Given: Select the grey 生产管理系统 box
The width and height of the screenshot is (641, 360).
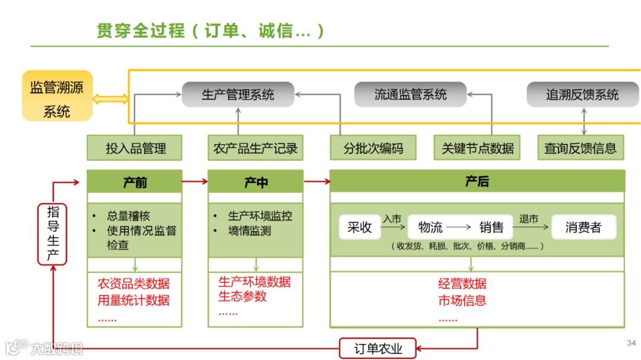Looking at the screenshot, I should pos(237,95).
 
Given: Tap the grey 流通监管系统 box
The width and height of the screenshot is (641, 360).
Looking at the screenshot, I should pos(410,95).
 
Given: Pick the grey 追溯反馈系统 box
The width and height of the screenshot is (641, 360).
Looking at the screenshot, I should pos(582,95).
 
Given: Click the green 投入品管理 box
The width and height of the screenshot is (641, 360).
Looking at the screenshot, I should pos(134,148).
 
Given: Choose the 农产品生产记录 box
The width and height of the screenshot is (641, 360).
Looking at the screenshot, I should pos(255,148).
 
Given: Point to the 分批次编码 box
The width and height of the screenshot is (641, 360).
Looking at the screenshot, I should pos(373,148).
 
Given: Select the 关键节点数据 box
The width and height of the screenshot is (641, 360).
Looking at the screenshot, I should pos(477,148).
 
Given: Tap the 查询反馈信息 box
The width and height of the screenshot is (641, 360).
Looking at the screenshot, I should pos(580,148).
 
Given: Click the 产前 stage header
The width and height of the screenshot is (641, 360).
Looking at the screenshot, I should pos(134,182).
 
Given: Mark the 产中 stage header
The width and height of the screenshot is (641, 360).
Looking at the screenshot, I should pos(255,182).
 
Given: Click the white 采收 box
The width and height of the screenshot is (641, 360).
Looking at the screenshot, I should pos(360,227).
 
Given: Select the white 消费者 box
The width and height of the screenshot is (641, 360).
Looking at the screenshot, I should pos(583,227).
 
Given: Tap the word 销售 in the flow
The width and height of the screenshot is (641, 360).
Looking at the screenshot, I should pos(491,227).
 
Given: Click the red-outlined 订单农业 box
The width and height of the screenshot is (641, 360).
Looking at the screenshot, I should pos(377,349).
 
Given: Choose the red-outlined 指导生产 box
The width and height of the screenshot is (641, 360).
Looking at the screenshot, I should pos(53,233).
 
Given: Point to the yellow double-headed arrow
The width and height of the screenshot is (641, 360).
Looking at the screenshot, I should pos(110,99).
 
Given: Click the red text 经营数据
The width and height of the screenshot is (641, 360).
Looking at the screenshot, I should pos(462,283).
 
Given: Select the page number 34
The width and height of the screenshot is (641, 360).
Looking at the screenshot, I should pos(631,343).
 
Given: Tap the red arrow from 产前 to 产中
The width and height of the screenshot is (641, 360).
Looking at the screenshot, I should pos(195,182).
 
